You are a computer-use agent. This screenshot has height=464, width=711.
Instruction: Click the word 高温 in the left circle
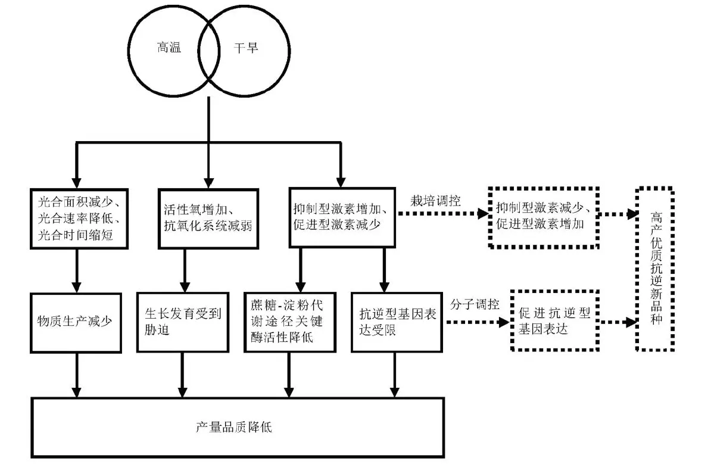click(167, 48)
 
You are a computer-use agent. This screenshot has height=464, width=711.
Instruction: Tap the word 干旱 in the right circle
click(245, 48)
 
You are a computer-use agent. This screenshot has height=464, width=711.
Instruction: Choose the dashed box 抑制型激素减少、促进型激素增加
click(542, 216)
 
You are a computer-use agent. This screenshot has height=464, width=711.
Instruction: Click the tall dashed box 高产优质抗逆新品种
click(654, 269)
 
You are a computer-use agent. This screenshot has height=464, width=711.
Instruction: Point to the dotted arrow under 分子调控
click(475, 322)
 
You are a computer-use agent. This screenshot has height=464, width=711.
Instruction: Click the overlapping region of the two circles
click(208, 49)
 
